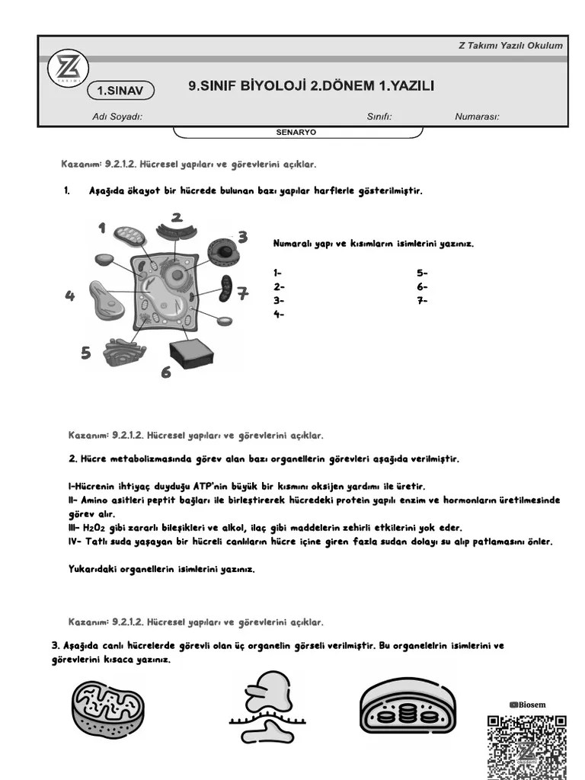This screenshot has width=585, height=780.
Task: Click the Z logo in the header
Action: [69, 70]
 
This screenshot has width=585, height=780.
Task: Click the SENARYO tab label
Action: [296, 132]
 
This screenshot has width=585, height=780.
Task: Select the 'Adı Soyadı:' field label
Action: [117, 117]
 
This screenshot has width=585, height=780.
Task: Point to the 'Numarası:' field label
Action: [477, 117]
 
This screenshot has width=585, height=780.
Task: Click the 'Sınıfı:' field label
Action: [379, 117]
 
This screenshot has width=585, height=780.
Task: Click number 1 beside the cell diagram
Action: [101, 228]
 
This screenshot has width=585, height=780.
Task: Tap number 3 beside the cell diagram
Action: [242, 238]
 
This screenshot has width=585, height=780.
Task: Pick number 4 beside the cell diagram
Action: [70, 296]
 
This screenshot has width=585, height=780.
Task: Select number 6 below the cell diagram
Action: [165, 372]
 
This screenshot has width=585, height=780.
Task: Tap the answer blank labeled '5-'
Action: [423, 272]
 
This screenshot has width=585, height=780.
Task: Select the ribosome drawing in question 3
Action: [270, 707]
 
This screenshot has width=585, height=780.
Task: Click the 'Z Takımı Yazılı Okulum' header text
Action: [510, 45]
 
